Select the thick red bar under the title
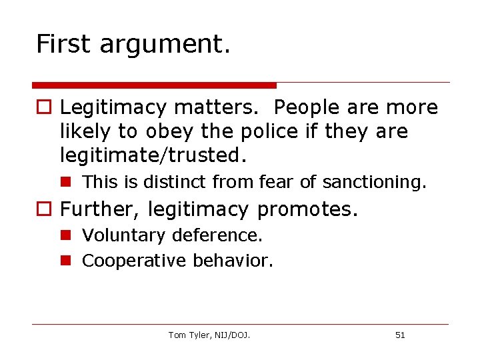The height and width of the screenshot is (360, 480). coord(154,85)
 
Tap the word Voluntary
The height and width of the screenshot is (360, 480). coord(123,235)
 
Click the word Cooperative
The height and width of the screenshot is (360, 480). coord(134,261)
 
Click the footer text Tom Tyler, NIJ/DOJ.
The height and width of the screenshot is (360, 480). coord(209,335)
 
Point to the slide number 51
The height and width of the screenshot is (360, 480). coord(400,335)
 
